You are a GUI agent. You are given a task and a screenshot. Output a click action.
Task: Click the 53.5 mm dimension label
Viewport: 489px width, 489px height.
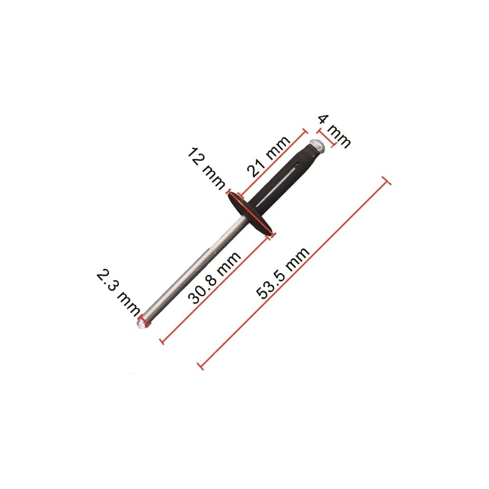[x=284, y=273]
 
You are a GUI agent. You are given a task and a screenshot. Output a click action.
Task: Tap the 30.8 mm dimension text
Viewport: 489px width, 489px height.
[x=216, y=278]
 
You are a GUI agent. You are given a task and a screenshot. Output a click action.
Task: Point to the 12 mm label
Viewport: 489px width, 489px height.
[x=206, y=168]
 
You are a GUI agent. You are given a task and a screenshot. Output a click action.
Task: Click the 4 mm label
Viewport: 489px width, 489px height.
[x=334, y=131]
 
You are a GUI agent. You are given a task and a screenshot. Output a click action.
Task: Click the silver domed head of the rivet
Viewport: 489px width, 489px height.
[x=317, y=146]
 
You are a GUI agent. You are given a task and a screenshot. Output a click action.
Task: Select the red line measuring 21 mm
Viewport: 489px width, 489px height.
[x=267, y=171]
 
